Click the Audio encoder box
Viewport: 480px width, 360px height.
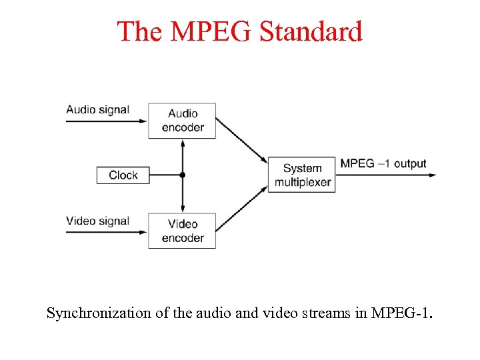click(182, 121)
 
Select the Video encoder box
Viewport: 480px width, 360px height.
click(182, 231)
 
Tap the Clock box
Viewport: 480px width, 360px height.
click(123, 175)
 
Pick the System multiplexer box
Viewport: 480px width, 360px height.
click(301, 175)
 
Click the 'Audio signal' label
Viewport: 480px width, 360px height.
click(97, 110)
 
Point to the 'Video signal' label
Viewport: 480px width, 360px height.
click(97, 221)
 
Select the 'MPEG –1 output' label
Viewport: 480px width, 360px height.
click(383, 164)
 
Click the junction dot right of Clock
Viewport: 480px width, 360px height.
click(182, 175)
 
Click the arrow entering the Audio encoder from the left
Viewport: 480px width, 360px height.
click(107, 121)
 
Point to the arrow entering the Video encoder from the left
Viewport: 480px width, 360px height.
click(107, 231)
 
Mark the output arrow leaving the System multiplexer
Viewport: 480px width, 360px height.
click(387, 175)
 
